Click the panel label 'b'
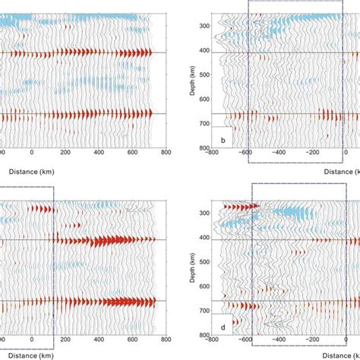tap(223, 140)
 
